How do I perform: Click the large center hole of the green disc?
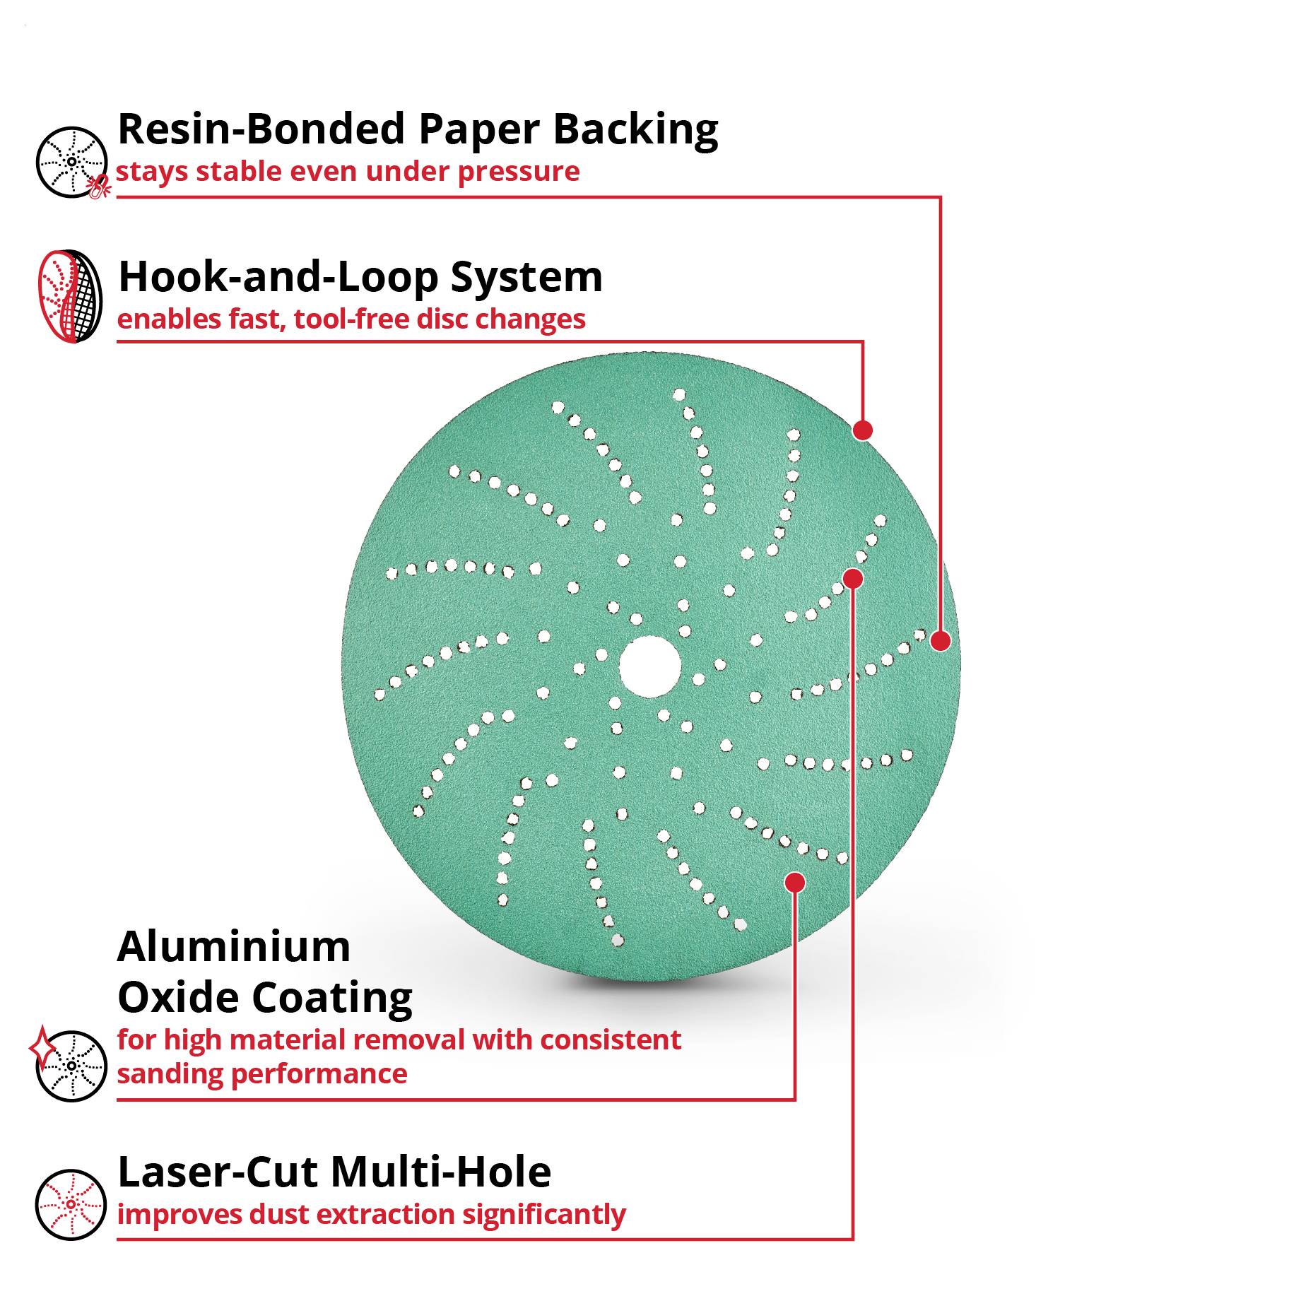tap(650, 666)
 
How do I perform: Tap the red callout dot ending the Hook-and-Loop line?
tap(863, 430)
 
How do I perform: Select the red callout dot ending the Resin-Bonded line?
tap(941, 641)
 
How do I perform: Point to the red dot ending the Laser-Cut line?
tap(854, 579)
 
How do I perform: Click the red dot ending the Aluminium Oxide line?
tap(795, 882)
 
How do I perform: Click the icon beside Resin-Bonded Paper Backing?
tap(72, 163)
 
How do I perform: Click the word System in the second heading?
tap(526, 278)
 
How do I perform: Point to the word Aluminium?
tap(234, 946)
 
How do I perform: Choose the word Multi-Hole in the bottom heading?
tap(441, 1172)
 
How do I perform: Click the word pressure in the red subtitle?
tap(519, 172)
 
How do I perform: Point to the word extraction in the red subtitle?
tap(386, 1215)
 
